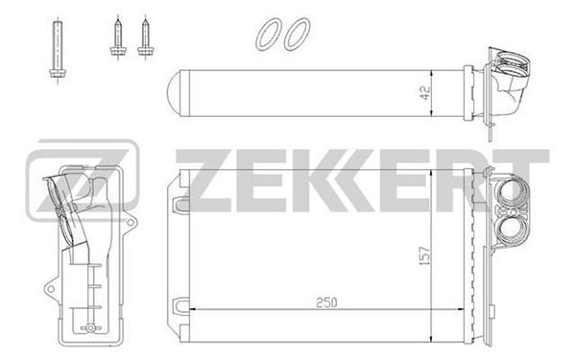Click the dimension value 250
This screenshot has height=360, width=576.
326,302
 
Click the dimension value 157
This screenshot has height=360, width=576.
424,255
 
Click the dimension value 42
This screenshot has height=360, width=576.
424,94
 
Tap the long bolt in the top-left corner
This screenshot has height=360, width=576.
58,49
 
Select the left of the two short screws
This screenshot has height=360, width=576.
117,37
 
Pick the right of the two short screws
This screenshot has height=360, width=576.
146,37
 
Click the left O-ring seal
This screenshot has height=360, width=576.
269,34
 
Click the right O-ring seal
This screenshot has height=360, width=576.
297,34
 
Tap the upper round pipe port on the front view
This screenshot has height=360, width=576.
510,193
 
